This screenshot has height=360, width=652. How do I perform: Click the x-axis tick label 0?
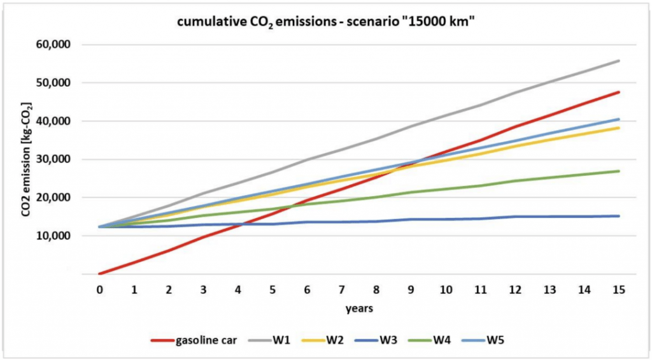[100, 289]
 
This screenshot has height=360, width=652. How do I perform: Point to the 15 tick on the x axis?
[618, 289]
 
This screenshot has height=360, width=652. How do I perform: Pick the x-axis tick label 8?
[376, 289]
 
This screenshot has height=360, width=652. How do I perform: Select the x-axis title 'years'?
[359, 309]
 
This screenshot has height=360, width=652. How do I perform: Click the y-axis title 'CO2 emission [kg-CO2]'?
[27, 159]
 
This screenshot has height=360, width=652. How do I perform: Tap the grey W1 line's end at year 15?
[619, 61]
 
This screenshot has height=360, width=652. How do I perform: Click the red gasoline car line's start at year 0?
[100, 273]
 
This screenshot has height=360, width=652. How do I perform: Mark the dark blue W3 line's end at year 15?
[619, 216]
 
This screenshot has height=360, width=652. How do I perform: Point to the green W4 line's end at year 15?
[619, 171]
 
